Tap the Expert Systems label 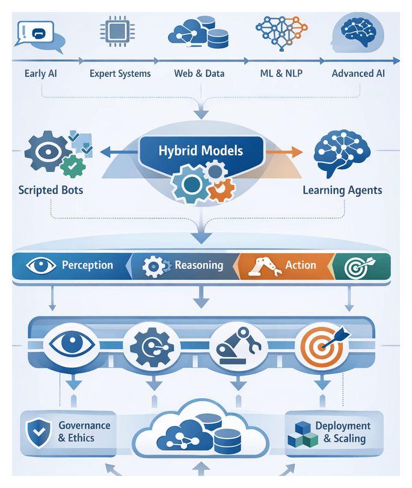click(x=120, y=74)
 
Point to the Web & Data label click(x=199, y=74)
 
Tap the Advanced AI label click(x=358, y=74)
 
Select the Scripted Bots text click(x=51, y=190)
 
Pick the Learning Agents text click(x=342, y=190)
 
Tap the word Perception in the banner click(x=87, y=265)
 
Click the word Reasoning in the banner click(x=198, y=265)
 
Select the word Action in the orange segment click(x=300, y=265)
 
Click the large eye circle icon click(x=69, y=345)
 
